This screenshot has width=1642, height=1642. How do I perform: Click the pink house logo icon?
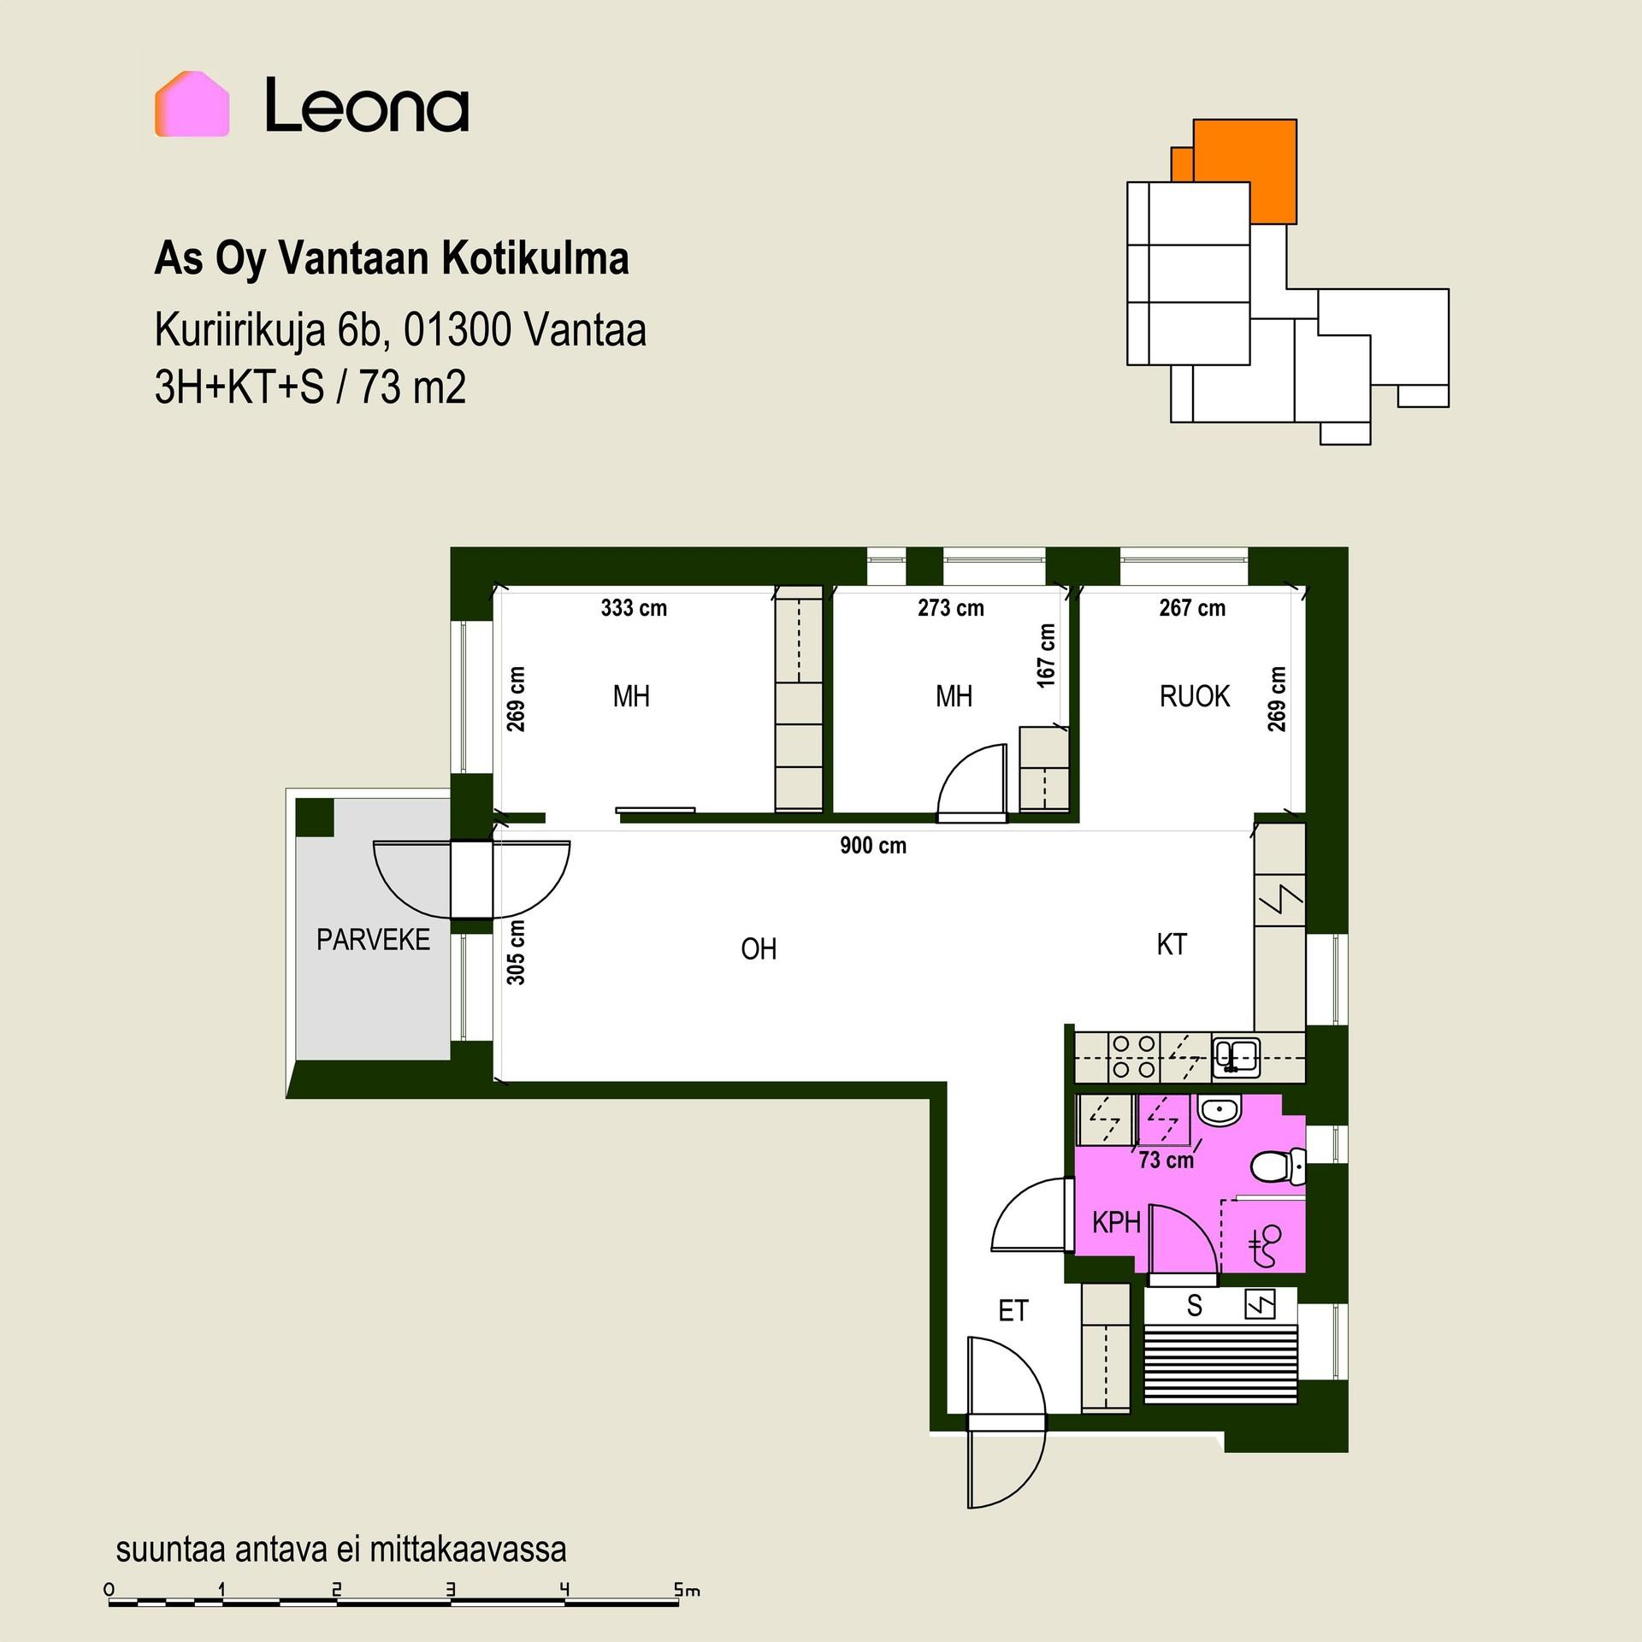point(192,103)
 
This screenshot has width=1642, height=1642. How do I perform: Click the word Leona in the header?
point(367,105)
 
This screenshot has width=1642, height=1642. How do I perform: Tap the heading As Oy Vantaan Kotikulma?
point(392,258)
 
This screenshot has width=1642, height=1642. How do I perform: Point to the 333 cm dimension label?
point(634,608)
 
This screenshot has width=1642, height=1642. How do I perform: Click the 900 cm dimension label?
point(873,846)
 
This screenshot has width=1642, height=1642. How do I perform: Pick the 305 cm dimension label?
point(516,952)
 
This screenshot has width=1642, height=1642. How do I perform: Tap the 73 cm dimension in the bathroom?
point(1167,1161)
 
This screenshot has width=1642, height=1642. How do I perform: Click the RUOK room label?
point(1195,696)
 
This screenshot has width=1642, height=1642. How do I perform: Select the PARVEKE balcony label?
point(373,940)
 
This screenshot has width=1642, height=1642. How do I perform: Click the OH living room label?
point(759,948)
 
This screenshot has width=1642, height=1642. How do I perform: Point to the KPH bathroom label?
point(1116,1222)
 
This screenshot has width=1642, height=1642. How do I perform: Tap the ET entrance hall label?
point(1013,1310)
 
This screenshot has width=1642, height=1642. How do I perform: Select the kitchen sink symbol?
point(1235,1056)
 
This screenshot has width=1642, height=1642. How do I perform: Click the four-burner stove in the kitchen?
point(1133,1057)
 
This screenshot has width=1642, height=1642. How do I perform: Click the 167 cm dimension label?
point(1047,655)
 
